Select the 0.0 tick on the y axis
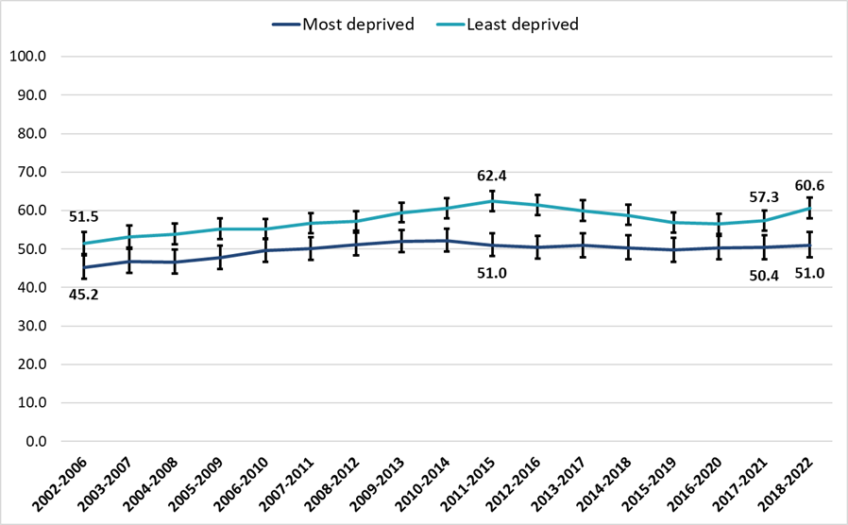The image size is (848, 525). [33, 441]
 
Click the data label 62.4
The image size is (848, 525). [492, 176]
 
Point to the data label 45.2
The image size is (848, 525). [84, 294]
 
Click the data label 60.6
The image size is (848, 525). [809, 186]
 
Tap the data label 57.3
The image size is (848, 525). [763, 197]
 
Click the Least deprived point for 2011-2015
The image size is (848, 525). [492, 200]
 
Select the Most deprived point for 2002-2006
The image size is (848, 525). [84, 267]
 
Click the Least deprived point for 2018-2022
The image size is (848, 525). [809, 208]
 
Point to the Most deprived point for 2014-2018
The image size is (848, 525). [628, 247]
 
